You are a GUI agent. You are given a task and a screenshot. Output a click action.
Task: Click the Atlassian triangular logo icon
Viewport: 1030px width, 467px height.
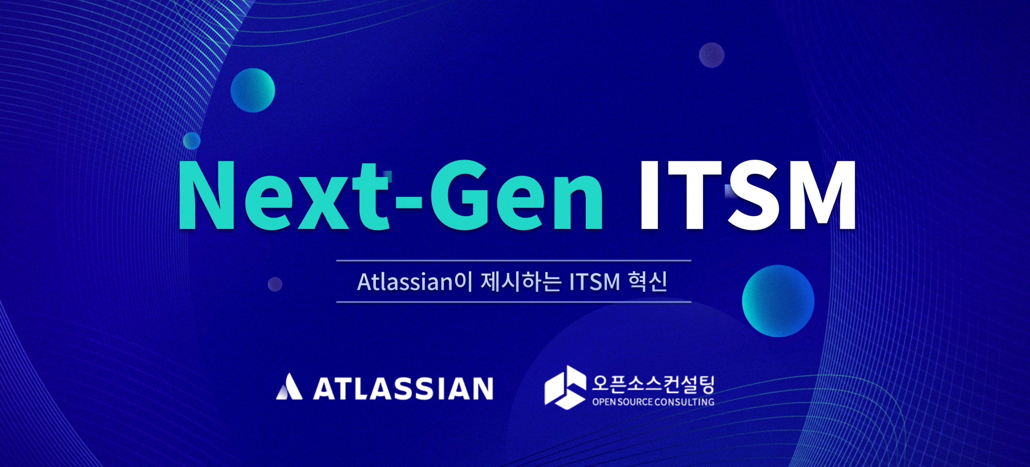pyautogui.click(x=288, y=387)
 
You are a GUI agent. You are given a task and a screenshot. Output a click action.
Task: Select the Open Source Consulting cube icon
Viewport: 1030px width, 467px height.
pyautogui.click(x=565, y=387)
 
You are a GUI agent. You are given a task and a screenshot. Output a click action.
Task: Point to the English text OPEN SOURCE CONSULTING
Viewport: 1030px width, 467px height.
pyautogui.click(x=653, y=402)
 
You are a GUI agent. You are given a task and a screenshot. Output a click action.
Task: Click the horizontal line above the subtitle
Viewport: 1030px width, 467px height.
pyautogui.click(x=513, y=261)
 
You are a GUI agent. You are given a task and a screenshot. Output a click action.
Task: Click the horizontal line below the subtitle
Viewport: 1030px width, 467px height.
pyautogui.click(x=513, y=302)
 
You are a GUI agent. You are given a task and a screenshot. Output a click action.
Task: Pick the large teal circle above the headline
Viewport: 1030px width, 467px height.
pyautogui.click(x=253, y=90)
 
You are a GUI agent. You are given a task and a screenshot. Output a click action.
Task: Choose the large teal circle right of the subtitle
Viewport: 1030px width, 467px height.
pyautogui.click(x=778, y=301)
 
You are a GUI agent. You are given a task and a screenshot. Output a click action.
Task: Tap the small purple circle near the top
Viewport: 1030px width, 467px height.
pyautogui.click(x=711, y=55)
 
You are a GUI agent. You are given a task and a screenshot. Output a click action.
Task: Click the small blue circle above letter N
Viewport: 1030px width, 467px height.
pyautogui.click(x=192, y=141)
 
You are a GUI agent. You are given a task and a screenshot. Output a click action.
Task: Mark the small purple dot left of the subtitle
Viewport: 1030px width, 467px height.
pyautogui.click(x=275, y=284)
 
